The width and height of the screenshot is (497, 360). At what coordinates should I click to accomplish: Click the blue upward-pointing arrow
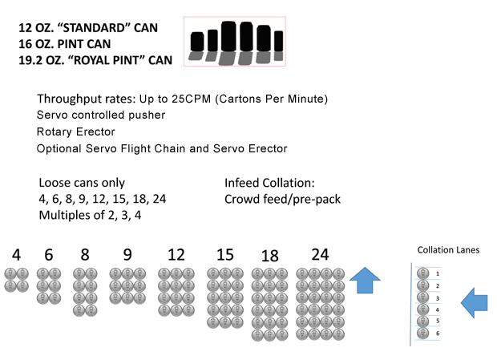365,280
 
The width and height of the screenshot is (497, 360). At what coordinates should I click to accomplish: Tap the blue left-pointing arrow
474,302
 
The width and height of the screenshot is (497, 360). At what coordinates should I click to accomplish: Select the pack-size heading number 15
225,255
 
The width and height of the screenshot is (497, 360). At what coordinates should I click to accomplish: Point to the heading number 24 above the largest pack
320,254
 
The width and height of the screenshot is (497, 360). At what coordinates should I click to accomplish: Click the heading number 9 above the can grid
127,254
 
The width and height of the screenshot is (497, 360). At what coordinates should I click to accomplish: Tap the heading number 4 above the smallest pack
17,255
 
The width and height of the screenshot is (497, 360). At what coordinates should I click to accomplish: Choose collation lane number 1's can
422,273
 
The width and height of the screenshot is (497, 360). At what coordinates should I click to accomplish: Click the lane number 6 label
438,334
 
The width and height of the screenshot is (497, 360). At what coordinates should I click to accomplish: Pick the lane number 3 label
438,298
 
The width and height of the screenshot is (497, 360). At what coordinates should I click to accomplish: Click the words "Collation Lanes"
448,250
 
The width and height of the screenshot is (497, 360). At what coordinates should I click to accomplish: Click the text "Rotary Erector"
76,131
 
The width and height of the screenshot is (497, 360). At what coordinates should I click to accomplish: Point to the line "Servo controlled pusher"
101,115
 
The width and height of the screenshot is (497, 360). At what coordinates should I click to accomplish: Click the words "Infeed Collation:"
269,183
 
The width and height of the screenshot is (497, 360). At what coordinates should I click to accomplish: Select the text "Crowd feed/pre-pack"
282,200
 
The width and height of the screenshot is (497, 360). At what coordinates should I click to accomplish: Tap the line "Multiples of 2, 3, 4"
90,215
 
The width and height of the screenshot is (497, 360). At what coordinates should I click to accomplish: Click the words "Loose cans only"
82,183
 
